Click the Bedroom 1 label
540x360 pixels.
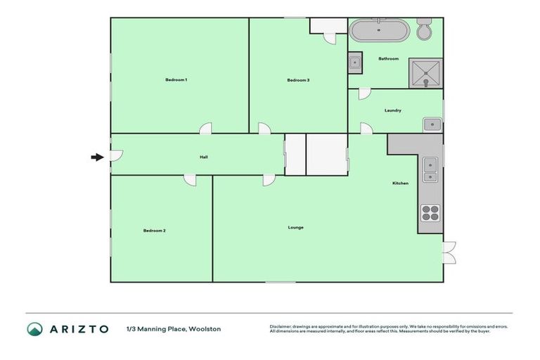[176, 80]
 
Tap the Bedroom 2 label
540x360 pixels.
[154, 231]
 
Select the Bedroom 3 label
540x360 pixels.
[298, 80]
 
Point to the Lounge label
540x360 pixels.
[295, 227]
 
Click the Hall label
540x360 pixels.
[203, 157]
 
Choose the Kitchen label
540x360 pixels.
[400, 184]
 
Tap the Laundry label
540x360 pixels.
[392, 110]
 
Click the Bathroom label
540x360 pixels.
[388, 59]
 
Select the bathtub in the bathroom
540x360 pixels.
[379, 31]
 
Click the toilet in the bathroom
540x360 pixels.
[425, 30]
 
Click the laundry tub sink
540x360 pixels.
[432, 125]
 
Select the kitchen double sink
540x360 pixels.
[430, 171]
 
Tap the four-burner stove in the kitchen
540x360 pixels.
[430, 212]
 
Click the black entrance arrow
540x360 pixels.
[97, 157]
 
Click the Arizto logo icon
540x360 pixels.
[34, 328]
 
